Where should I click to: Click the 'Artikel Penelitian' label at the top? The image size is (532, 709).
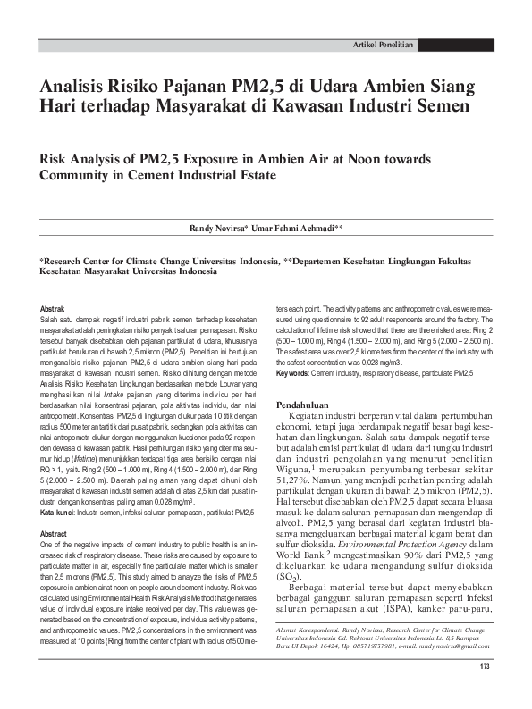click(x=383, y=44)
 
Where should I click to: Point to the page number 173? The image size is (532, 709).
click(x=485, y=692)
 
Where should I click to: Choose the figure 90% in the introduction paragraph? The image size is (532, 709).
click(x=378, y=553)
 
